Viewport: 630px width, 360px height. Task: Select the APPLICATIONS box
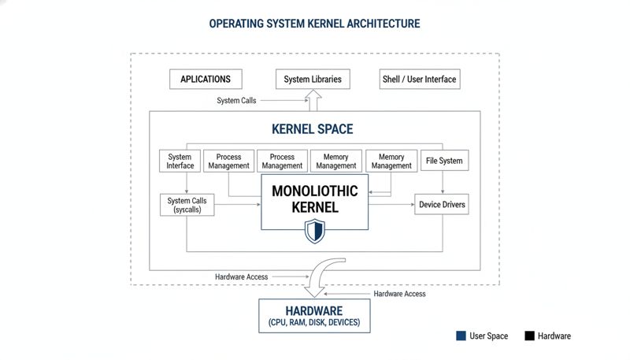(x=206, y=79)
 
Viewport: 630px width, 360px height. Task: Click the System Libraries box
(x=313, y=79)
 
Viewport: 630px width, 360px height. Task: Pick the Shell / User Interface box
(x=419, y=79)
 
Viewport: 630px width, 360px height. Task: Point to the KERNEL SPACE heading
(x=312, y=128)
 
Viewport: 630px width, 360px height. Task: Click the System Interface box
(x=180, y=161)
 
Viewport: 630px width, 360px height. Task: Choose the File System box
(x=443, y=161)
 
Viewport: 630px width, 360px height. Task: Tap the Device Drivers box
(x=442, y=205)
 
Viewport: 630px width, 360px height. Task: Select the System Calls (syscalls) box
(x=187, y=206)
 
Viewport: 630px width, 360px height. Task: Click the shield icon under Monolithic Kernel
(x=314, y=231)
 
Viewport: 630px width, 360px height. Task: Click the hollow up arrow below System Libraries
(x=313, y=99)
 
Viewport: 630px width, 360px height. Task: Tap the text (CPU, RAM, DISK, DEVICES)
(x=313, y=323)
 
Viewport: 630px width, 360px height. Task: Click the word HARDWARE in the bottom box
(x=313, y=310)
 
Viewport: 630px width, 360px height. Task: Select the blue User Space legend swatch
(x=461, y=336)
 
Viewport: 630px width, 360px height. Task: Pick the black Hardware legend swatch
(x=530, y=336)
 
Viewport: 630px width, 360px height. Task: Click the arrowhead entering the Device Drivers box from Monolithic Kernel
(x=412, y=205)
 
